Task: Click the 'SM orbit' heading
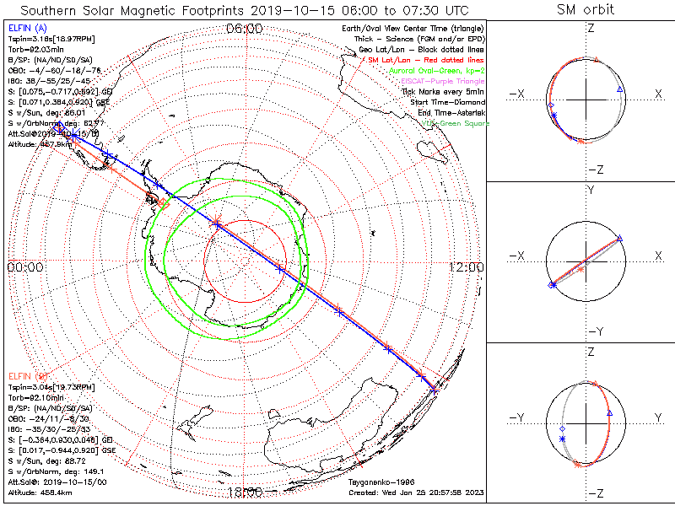click(x=586, y=11)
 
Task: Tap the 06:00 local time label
click(x=245, y=29)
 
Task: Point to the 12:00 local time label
click(x=466, y=267)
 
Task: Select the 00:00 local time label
click(x=25, y=267)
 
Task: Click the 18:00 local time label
click(x=245, y=491)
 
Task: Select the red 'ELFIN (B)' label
click(x=28, y=375)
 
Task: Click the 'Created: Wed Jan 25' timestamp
click(x=416, y=492)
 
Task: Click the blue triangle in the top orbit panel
click(x=620, y=89)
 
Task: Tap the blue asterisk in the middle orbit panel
click(x=553, y=285)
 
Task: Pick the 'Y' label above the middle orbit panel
click(x=588, y=191)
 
